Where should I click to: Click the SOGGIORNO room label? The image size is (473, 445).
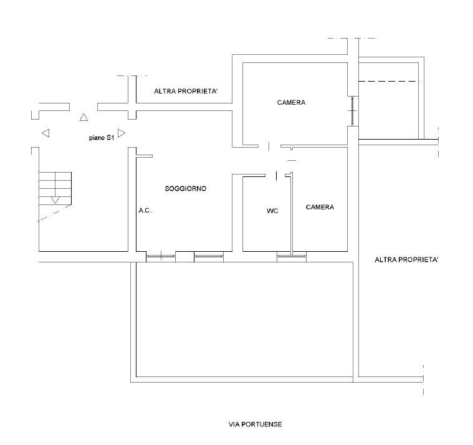click(186, 189)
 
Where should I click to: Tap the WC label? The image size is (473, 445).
click(272, 211)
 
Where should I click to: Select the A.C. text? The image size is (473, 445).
click(145, 210)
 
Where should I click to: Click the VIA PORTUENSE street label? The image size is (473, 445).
click(256, 424)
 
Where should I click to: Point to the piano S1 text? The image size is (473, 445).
click(102, 138)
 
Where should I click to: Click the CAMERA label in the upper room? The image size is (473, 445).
click(291, 103)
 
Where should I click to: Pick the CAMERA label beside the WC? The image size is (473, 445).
click(320, 207)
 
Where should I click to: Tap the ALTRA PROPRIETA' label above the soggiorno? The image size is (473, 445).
click(186, 91)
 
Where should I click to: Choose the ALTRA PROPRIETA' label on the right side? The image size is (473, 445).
click(406, 259)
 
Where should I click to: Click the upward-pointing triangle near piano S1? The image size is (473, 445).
click(84, 117)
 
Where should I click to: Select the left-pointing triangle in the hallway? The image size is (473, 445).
click(45, 133)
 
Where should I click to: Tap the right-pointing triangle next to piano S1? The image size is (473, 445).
click(122, 133)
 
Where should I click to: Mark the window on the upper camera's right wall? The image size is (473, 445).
click(353, 111)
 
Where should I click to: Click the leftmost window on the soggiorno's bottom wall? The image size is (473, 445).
click(161, 256)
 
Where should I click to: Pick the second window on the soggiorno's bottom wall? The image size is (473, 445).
click(209, 256)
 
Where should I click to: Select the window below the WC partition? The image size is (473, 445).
click(292, 256)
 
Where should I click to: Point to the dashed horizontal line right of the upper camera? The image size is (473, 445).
click(389, 81)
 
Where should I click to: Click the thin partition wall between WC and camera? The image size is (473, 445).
click(292, 213)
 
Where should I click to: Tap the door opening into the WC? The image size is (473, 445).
click(276, 175)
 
